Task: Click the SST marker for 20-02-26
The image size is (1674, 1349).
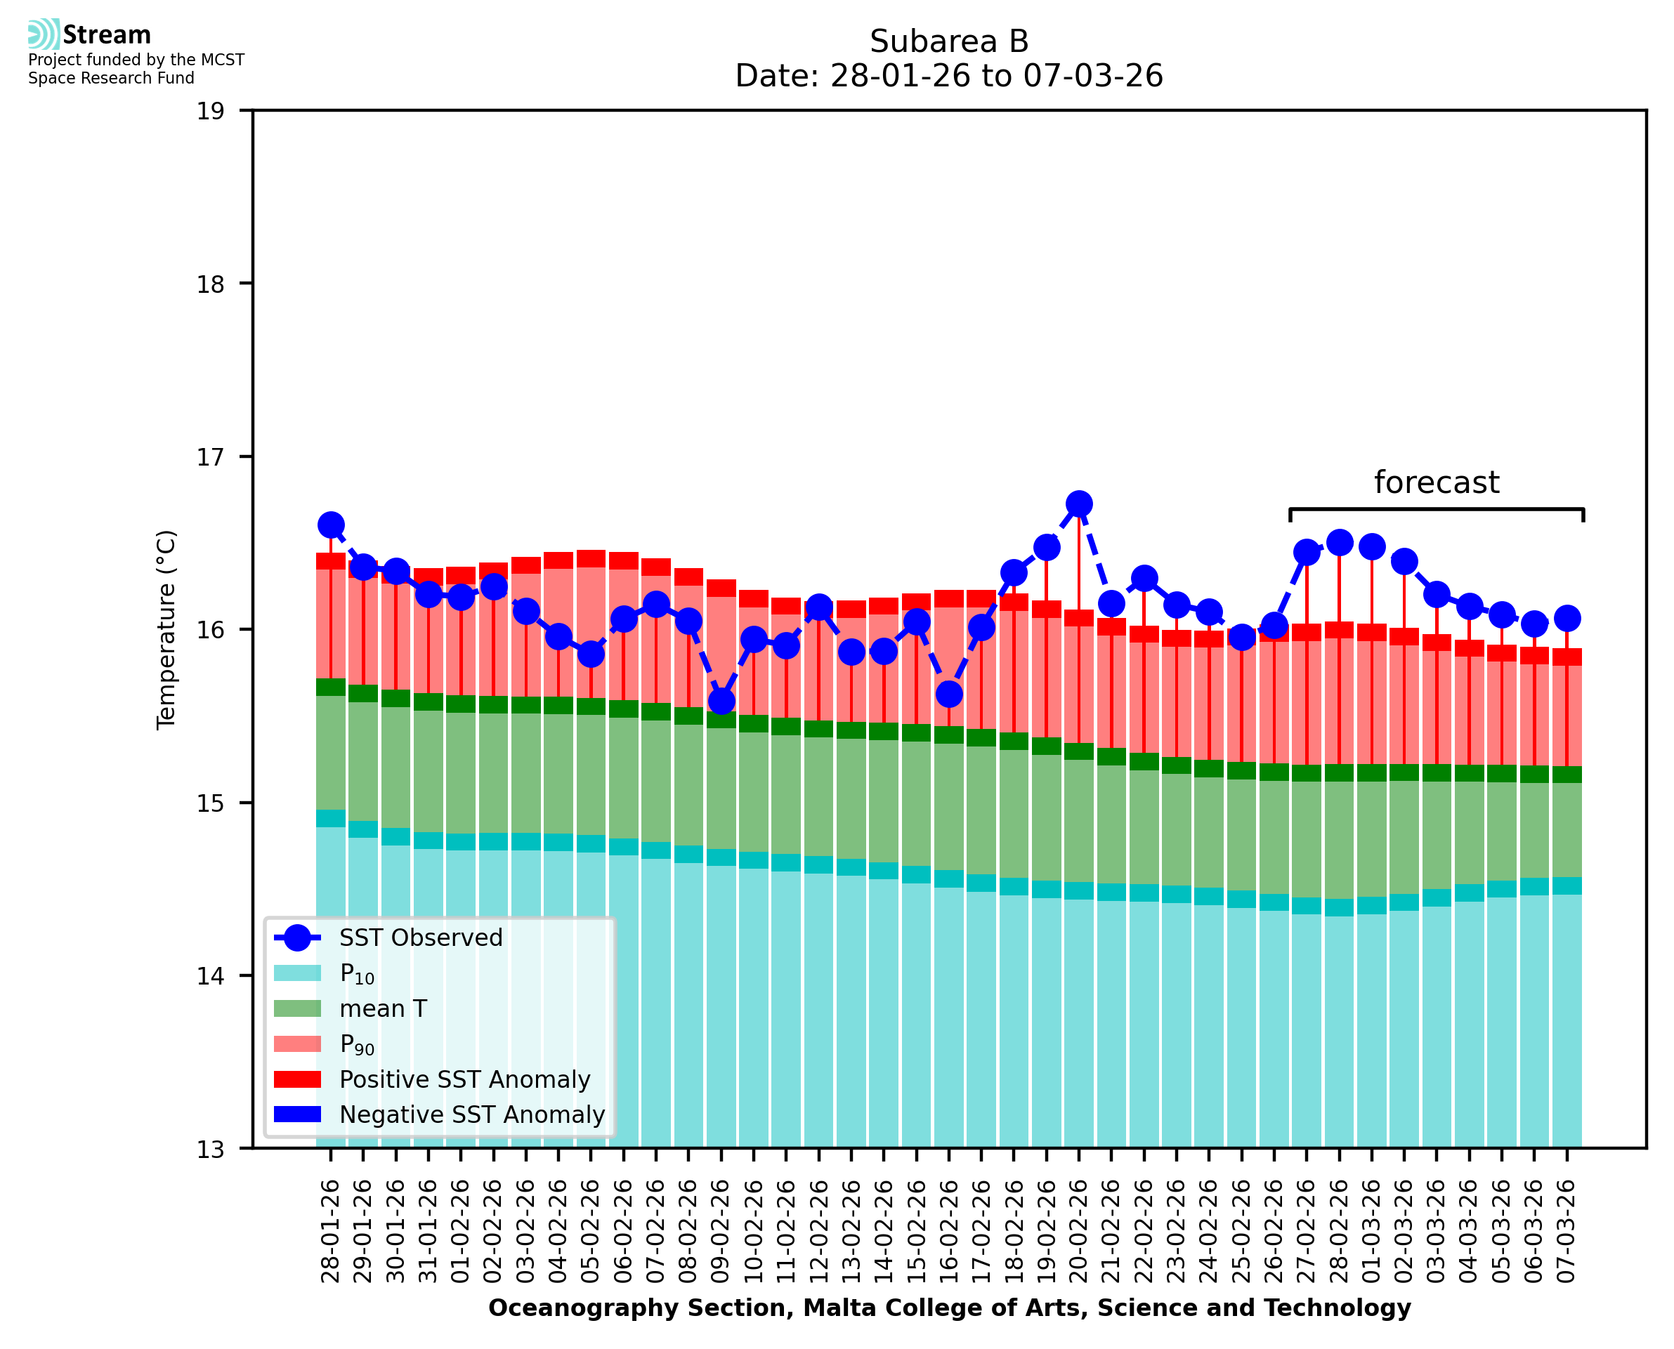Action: coord(1079,504)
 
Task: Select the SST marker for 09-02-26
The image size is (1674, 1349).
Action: coord(721,701)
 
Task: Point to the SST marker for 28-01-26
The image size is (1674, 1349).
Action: coord(331,525)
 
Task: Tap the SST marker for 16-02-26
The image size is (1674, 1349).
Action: coord(949,694)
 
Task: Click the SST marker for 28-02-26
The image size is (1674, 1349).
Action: coord(1339,542)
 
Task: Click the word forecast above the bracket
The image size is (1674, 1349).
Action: coord(1436,482)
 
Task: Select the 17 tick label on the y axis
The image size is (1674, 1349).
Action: coord(210,457)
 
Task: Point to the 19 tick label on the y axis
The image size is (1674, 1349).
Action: coord(210,111)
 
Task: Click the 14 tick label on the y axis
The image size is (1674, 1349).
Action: coord(210,976)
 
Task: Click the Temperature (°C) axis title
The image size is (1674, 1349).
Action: coord(166,629)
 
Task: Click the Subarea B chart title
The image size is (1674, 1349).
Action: coord(949,41)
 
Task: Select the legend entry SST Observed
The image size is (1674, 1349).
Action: coord(421,938)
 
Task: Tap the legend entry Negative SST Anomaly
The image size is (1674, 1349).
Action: coord(472,1114)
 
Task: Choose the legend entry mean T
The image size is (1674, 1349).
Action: coord(383,1008)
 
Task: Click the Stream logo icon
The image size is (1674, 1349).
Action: coord(44,34)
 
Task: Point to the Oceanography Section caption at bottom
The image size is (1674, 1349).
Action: coord(949,1308)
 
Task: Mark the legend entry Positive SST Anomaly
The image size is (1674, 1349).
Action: coord(465,1079)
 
